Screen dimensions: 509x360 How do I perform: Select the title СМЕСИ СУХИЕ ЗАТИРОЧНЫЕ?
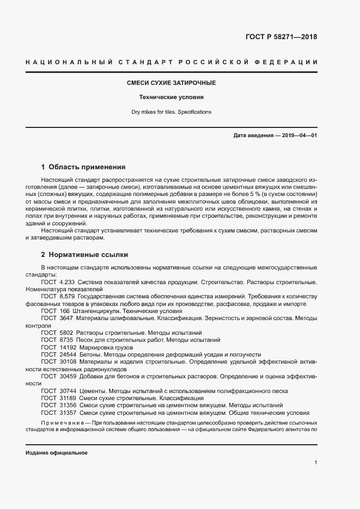pyautogui.click(x=172, y=83)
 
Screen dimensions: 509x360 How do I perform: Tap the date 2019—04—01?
pyautogui.click(x=298, y=134)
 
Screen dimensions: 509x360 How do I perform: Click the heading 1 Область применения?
pyautogui.click(x=83, y=167)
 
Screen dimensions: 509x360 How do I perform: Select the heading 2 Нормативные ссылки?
pyautogui.click(x=85, y=254)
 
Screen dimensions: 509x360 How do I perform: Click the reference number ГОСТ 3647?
pyautogui.click(x=57, y=317)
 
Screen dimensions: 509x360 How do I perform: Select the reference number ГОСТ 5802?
pyautogui.click(x=57, y=332)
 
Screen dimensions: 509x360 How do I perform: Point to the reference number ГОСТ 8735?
pyautogui.click(x=57, y=339)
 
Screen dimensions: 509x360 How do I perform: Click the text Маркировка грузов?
pyautogui.click(x=106, y=347)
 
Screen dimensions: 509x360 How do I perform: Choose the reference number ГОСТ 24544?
pyautogui.click(x=58, y=354)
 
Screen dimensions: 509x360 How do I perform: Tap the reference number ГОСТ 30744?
pyautogui.click(x=58, y=391)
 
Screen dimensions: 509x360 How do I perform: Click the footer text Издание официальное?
pyautogui.click(x=57, y=453)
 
